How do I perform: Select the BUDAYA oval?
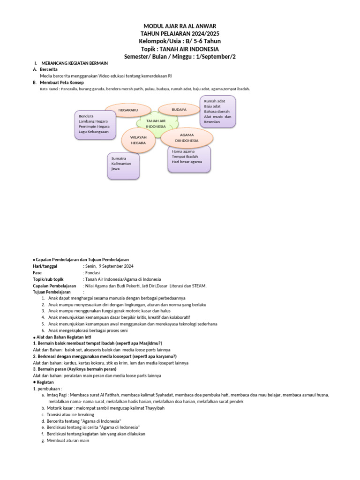pos(179,109)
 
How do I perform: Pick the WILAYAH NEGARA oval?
pos(138,139)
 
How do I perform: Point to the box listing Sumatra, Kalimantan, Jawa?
pos(123,166)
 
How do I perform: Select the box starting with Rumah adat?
pos(217,112)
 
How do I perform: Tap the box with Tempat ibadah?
pos(189,158)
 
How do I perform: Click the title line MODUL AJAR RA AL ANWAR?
pos(180,26)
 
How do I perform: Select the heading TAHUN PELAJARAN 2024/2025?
pos(180,34)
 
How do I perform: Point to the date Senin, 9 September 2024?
pos(109,266)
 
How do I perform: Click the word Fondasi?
pos(93,272)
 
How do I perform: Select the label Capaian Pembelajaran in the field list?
pos(54,285)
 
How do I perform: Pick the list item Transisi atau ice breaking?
pos(70,414)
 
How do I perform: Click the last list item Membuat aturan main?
pos(67,440)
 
